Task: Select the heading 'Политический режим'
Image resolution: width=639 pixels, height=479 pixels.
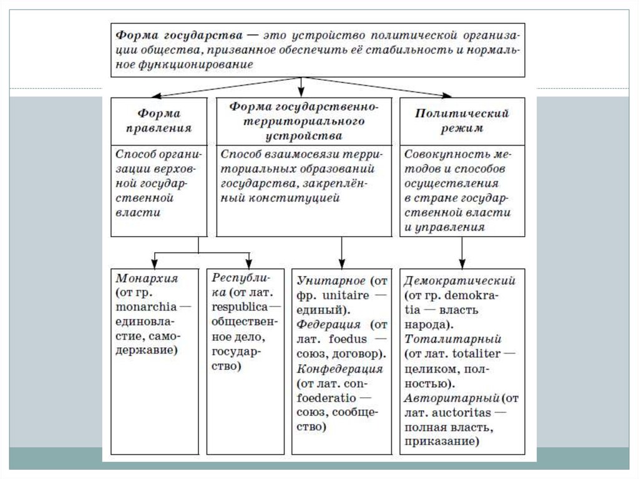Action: pos(462,121)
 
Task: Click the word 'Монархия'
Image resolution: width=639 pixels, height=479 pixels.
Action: pos(138,279)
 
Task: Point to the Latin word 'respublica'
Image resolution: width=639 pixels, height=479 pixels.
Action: pos(239,307)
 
